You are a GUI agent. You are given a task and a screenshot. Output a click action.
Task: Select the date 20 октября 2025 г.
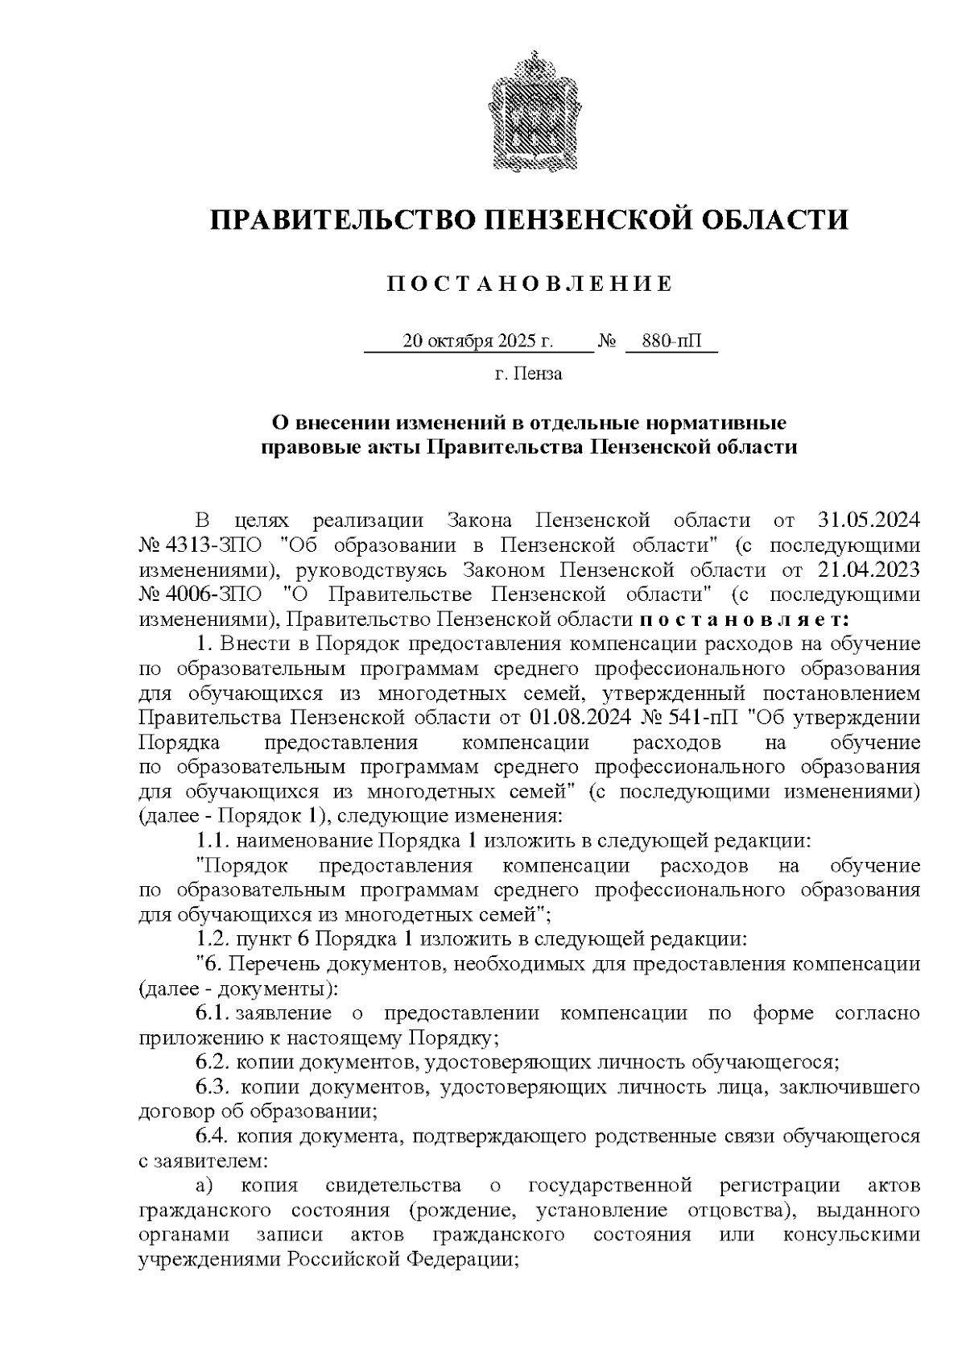[477, 342]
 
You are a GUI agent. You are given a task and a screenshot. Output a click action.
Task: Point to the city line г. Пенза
[529, 374]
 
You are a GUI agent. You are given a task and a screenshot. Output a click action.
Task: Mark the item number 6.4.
[214, 1137]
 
